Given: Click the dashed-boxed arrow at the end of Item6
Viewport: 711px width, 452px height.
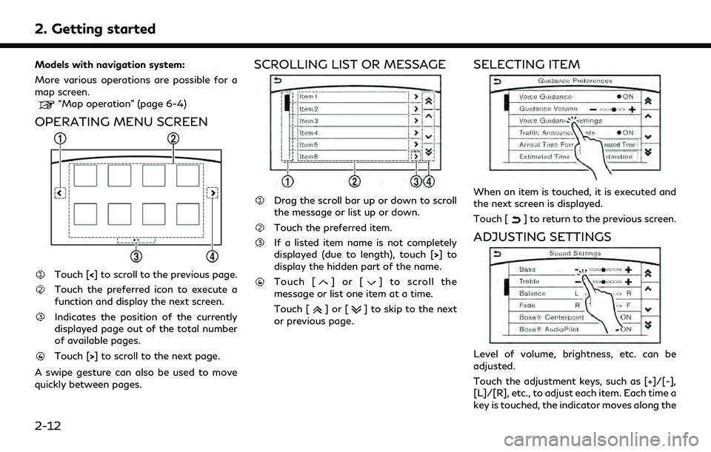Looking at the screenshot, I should pos(416,156).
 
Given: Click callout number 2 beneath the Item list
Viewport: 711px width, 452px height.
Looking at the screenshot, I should pos(355,181).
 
